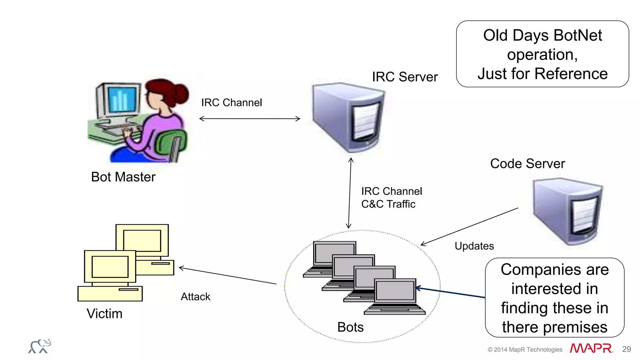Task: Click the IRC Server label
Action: coord(405,77)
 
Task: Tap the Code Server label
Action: coord(527,164)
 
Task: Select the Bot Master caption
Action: coord(123,177)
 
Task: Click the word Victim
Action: coord(104,314)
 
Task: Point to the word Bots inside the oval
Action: coord(350,327)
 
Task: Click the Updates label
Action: coord(474,246)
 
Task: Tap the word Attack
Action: coord(195,297)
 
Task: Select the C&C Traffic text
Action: coord(388,204)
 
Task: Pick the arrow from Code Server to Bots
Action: coord(469,227)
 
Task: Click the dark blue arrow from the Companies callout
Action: coord(450,292)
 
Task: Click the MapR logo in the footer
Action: coord(591,348)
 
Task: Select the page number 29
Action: coord(626,349)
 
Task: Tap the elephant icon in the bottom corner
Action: coord(40,346)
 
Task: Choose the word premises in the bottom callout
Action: coord(575,327)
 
